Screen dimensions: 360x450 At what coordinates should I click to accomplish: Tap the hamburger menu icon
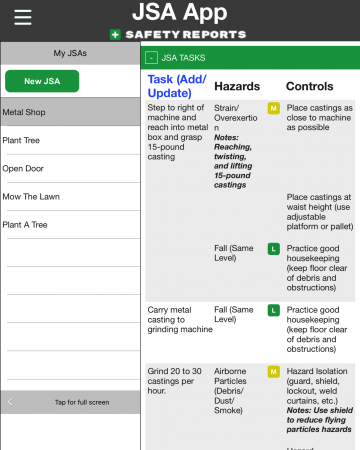pyautogui.click(x=22, y=17)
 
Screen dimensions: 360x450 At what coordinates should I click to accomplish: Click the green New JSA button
pyautogui.click(x=69, y=80)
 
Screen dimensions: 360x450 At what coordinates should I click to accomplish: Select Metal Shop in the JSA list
pyautogui.click(x=70, y=112)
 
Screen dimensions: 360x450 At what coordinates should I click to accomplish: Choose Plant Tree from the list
pyautogui.click(x=70, y=140)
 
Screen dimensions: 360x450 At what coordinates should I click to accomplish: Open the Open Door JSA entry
pyautogui.click(x=70, y=168)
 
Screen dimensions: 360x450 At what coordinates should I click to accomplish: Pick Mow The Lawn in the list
pyautogui.click(x=70, y=196)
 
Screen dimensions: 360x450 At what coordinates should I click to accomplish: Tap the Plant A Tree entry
pyautogui.click(x=70, y=225)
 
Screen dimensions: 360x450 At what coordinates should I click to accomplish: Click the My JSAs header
pyautogui.click(x=69, y=52)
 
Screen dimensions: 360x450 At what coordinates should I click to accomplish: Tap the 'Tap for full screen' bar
pyautogui.click(x=69, y=402)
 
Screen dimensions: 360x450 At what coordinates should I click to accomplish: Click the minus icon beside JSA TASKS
pyautogui.click(x=152, y=58)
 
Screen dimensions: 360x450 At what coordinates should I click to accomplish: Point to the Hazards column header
pyautogui.click(x=238, y=87)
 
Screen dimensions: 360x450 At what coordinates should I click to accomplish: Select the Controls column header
pyautogui.click(x=310, y=87)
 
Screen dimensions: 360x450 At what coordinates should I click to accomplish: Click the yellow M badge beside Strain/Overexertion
pyautogui.click(x=273, y=107)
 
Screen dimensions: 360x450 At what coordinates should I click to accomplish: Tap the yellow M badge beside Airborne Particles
pyautogui.click(x=273, y=372)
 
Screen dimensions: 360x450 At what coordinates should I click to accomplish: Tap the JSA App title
pyautogui.click(x=180, y=13)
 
